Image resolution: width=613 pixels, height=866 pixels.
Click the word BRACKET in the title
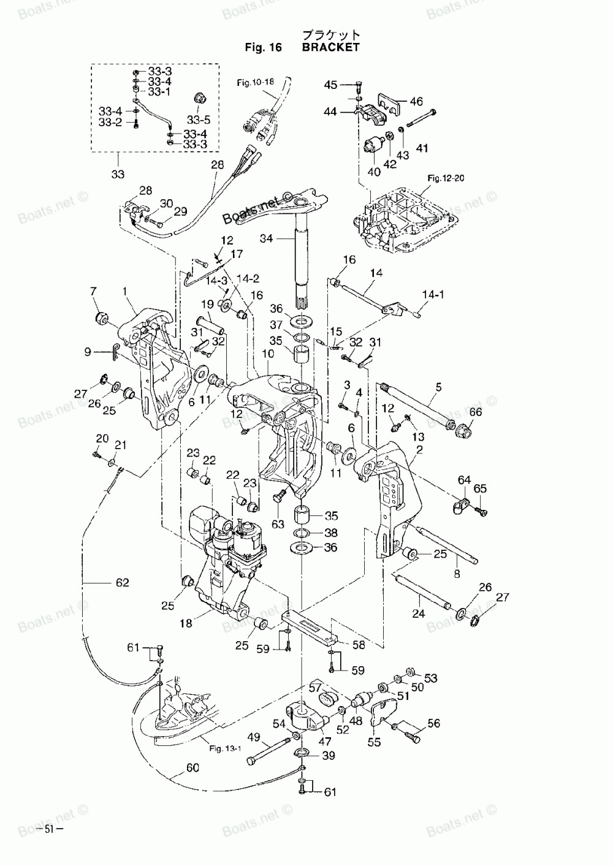pyautogui.click(x=330, y=47)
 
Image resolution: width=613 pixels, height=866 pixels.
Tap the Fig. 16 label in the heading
pyautogui.click(x=264, y=47)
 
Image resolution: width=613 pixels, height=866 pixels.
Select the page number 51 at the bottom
pyautogui.click(x=48, y=829)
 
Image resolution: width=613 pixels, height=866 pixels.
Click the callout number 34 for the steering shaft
pyautogui.click(x=267, y=238)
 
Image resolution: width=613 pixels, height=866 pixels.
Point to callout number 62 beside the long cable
pyautogui.click(x=123, y=582)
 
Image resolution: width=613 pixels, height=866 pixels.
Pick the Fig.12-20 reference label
pyautogui.click(x=446, y=178)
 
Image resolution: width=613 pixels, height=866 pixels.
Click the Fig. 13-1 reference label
pyautogui.click(x=225, y=748)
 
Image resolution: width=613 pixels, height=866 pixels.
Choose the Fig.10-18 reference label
pyautogui.click(x=256, y=82)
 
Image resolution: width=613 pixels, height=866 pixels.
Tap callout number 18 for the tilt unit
pyautogui.click(x=186, y=623)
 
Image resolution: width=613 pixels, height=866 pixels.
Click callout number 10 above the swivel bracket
pyautogui.click(x=268, y=354)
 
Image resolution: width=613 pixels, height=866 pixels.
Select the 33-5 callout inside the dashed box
pyautogui.click(x=199, y=119)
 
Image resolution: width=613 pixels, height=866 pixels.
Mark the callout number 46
pyautogui.click(x=416, y=101)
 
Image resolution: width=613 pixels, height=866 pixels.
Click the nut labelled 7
pyautogui.click(x=102, y=318)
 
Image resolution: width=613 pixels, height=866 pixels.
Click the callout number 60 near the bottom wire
pyautogui.click(x=192, y=767)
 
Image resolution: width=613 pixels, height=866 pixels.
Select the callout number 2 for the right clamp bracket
pyautogui.click(x=420, y=450)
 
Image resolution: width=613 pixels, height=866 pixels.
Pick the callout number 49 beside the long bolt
pyautogui.click(x=254, y=737)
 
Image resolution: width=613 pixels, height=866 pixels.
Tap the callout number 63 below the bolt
pyautogui.click(x=278, y=524)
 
